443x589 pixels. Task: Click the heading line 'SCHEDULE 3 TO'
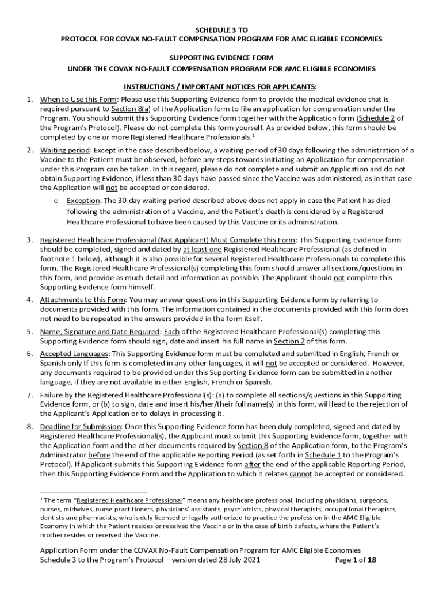point(221,29)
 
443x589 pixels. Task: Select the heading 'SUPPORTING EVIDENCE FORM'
point(221,58)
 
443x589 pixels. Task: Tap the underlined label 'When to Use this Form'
point(70,100)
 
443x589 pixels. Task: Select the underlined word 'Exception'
point(83,201)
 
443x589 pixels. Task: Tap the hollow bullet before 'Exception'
point(56,201)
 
